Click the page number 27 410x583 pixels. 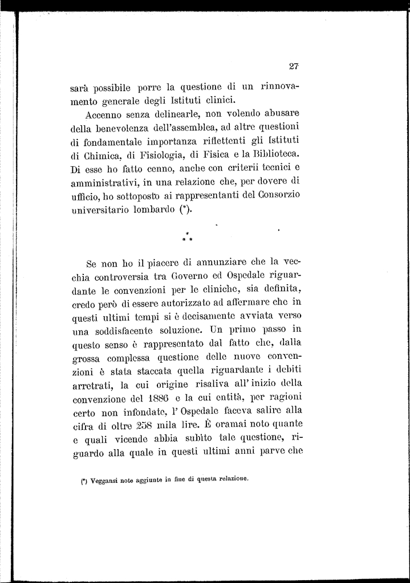[x=294, y=66]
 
